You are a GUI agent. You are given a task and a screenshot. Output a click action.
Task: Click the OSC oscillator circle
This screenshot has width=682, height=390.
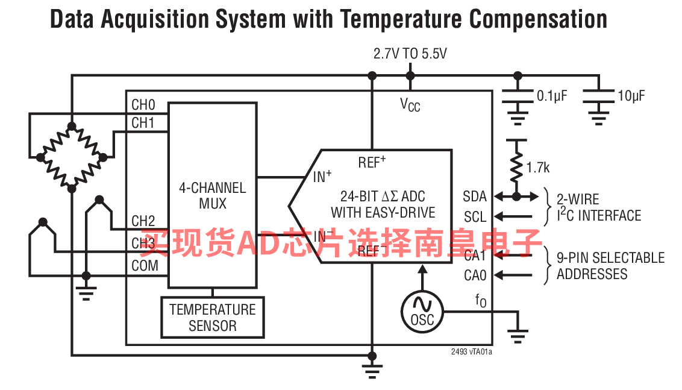422,310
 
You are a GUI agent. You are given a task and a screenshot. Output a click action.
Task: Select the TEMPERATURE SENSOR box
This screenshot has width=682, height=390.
212,318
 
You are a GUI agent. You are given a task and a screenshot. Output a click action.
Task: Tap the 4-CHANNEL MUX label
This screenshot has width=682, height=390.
212,195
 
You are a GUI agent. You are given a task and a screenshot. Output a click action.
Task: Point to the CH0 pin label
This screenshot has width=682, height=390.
143,104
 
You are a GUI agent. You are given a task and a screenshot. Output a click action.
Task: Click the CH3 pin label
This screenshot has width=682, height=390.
143,244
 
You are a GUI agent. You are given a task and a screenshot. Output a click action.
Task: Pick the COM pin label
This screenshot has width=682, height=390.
145,266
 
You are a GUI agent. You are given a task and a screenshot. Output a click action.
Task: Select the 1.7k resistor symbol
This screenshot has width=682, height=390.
516,166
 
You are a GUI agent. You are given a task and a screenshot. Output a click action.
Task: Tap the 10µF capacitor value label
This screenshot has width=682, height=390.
631,96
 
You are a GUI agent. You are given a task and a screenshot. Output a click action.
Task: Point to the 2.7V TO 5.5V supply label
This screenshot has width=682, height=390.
410,54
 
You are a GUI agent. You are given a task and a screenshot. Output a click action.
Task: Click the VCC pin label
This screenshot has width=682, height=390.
410,105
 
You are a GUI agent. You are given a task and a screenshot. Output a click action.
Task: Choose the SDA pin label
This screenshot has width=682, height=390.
474,197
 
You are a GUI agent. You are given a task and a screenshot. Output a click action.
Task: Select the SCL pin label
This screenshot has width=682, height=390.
475,216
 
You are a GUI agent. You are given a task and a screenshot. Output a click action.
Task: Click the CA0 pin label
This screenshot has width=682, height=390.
475,275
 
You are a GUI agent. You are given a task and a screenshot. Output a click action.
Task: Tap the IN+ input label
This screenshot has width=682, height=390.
322,177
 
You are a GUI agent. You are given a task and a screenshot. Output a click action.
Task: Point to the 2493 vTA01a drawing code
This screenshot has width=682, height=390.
472,353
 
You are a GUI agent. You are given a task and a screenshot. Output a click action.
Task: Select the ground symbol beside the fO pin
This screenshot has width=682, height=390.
518,335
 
